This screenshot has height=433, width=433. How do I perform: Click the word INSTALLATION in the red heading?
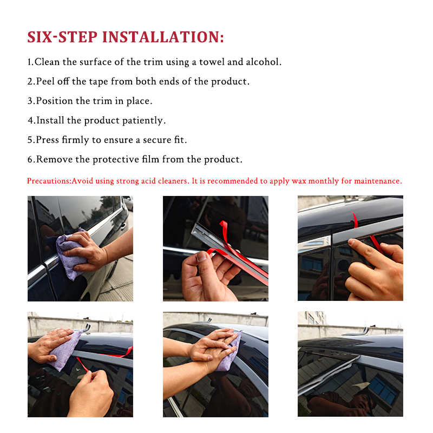[x=163, y=37]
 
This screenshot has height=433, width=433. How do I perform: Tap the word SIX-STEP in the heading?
[x=62, y=37]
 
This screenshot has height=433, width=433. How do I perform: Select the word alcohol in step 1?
[x=264, y=62]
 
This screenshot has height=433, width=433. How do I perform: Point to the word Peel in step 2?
[x=45, y=82]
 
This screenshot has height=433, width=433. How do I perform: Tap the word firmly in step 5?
[x=75, y=140]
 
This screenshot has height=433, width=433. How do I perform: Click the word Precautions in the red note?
[x=49, y=181]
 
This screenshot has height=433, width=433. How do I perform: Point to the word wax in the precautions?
[x=299, y=181]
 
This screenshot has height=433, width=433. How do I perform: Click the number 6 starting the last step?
[x=30, y=160]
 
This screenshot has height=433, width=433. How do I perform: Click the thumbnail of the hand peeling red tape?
[x=215, y=248]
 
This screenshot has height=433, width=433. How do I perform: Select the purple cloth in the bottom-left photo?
[x=65, y=349]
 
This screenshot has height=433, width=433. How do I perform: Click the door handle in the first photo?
[x=123, y=226]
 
